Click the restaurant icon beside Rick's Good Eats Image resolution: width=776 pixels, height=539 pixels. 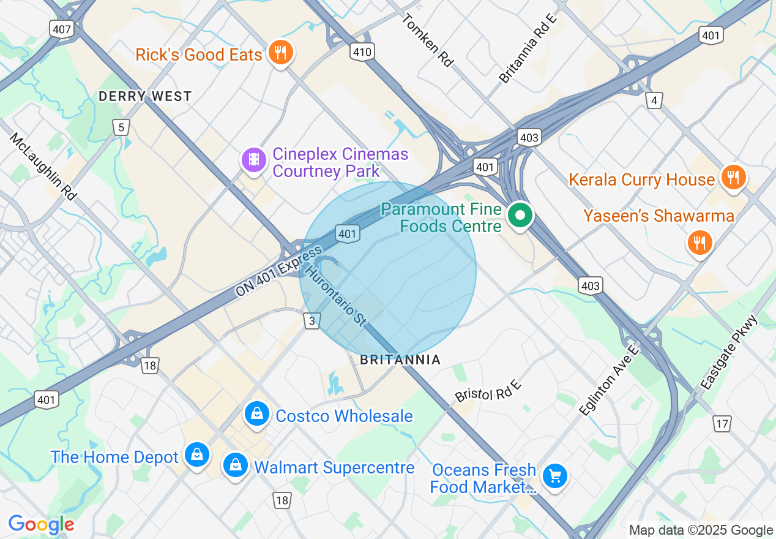click(280, 53)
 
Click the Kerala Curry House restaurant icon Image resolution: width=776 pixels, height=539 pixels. click(732, 178)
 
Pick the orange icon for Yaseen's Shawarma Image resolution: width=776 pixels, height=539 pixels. click(699, 242)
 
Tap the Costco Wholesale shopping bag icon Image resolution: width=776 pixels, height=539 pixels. click(257, 415)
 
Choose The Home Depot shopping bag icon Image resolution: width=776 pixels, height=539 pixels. click(197, 455)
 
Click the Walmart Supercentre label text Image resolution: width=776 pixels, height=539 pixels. click(334, 468)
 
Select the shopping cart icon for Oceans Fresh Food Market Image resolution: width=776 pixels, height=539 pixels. click(554, 476)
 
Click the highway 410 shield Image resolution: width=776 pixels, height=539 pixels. click(362, 52)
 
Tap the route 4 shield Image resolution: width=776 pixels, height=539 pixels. click(654, 100)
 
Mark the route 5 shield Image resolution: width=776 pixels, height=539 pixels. click(121, 127)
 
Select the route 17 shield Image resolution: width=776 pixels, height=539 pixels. click(722, 423)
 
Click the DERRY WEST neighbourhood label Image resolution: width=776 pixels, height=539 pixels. click(145, 97)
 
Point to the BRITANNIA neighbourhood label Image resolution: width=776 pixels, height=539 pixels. click(400, 360)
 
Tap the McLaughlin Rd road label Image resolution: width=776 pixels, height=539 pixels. click(43, 166)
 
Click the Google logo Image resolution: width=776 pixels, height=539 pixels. click(42, 524)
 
